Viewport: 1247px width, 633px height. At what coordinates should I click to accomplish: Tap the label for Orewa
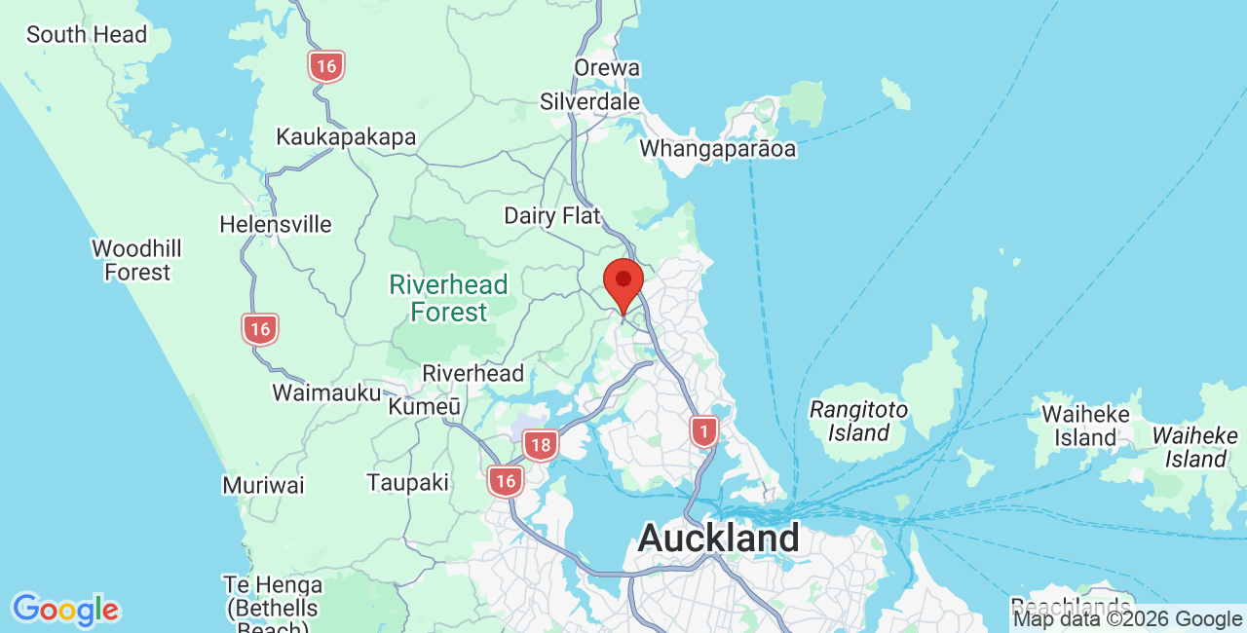[607, 68]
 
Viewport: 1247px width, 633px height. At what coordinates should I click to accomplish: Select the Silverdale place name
[590, 101]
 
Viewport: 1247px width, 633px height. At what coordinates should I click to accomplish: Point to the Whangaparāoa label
[717, 149]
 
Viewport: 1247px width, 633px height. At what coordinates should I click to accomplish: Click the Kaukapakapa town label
[346, 137]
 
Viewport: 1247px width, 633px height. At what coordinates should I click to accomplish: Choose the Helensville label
[276, 225]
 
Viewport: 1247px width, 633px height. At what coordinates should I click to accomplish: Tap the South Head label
[87, 35]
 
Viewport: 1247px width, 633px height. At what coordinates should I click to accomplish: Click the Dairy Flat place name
[552, 215]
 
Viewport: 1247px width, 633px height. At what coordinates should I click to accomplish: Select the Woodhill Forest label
[137, 260]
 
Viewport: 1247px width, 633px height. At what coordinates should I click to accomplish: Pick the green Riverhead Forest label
[448, 298]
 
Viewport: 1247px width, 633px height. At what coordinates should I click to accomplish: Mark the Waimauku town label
[326, 393]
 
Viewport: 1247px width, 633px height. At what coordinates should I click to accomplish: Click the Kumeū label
[425, 406]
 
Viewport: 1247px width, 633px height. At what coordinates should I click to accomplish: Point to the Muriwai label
[263, 485]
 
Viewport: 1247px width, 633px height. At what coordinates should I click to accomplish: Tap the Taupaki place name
[408, 482]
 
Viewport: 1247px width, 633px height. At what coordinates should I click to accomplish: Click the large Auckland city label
[719, 538]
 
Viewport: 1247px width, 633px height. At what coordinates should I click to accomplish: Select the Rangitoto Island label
[858, 421]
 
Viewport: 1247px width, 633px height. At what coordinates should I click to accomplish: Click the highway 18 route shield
[540, 445]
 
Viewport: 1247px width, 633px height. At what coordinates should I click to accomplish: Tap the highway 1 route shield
[703, 430]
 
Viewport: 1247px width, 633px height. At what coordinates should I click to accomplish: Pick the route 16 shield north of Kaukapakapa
[326, 67]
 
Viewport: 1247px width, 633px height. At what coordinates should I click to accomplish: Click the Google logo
[65, 611]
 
